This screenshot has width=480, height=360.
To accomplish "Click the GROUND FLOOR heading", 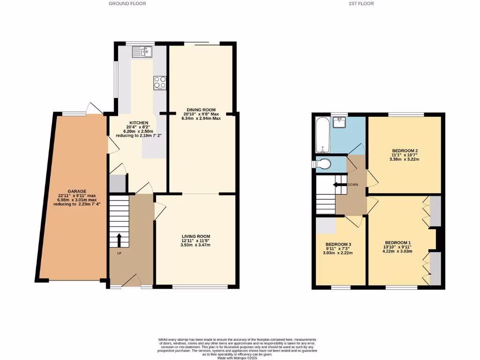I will coord(127,3).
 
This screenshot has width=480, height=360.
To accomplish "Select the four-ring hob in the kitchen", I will coord(160,82).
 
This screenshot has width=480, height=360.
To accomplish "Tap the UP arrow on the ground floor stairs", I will coord(119,240).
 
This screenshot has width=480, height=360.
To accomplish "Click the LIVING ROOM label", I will coord(196,236).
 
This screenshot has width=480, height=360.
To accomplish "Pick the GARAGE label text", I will coord(76,191).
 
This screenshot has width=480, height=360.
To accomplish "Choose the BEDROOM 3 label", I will coord(338,244).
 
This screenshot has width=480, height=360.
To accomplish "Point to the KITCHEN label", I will coord(139,123).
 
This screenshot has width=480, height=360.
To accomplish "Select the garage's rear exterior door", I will coord(95,109).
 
